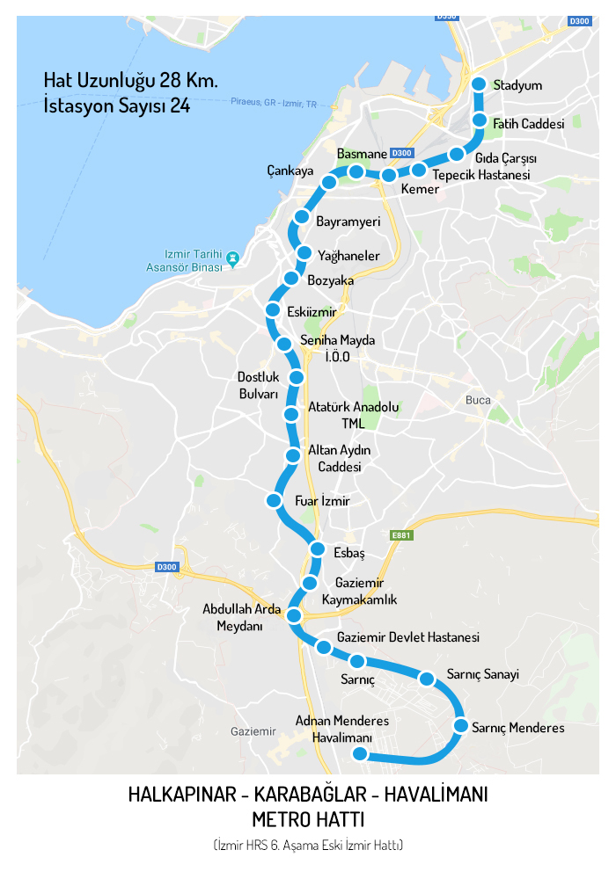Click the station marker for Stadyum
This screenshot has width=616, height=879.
[x=479, y=84]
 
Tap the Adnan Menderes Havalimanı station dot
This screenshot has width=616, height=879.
[x=359, y=754]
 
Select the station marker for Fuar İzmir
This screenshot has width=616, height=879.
[x=274, y=501]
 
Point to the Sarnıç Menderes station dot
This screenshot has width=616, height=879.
[x=460, y=726]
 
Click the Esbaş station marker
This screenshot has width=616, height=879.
[x=319, y=550]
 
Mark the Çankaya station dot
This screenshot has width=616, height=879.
[x=329, y=182]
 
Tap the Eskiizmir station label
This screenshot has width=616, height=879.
[x=312, y=312]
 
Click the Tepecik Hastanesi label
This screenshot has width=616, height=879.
[x=481, y=175]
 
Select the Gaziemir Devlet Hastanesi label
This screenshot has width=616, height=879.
[x=407, y=637]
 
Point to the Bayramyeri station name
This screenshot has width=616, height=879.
[x=348, y=222]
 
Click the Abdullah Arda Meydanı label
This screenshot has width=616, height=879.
[x=241, y=617]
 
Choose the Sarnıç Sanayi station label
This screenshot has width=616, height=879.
[x=482, y=675]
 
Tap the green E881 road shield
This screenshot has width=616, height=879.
[x=401, y=535]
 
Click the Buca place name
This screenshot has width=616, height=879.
[x=478, y=400]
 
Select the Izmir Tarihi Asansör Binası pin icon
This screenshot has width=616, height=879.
[x=232, y=258]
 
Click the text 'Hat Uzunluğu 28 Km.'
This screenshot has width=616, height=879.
[x=131, y=80]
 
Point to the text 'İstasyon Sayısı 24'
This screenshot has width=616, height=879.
[x=117, y=106]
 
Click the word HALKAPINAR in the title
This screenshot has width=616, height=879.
[x=183, y=795]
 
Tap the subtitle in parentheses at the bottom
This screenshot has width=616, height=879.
[x=307, y=846]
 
